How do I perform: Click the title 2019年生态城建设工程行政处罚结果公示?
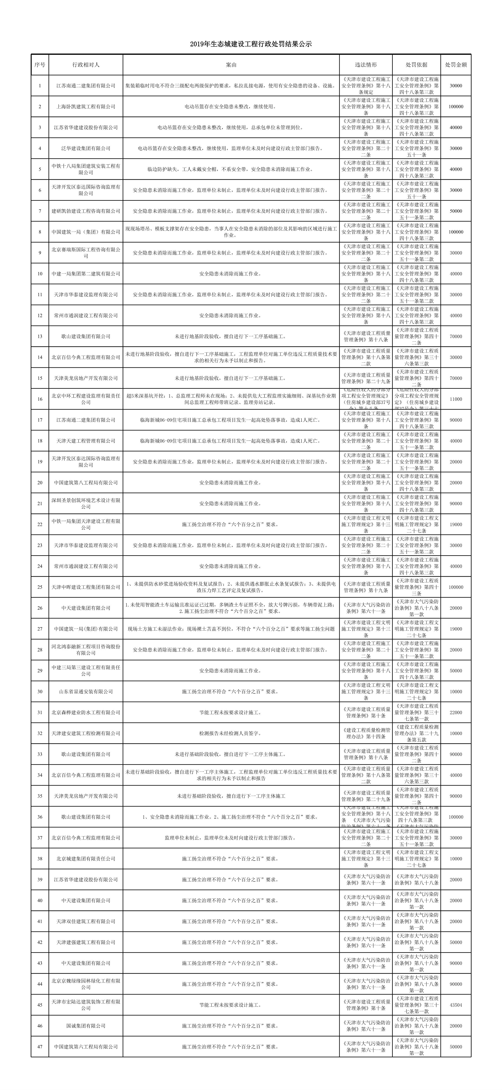251,44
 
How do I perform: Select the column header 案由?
231,65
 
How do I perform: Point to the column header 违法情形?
366,65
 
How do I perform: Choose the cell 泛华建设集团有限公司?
86,148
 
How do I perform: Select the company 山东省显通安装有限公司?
86,691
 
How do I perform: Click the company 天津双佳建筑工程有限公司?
86,921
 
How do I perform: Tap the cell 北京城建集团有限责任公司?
86,859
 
